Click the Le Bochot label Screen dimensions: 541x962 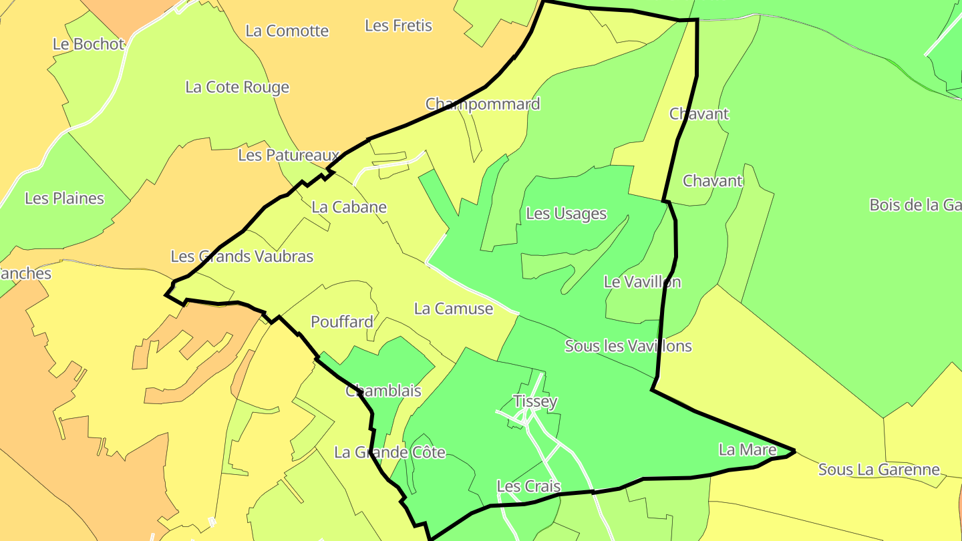[x=89, y=44]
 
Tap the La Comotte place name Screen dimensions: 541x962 [x=287, y=31]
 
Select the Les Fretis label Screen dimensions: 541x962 [x=398, y=25]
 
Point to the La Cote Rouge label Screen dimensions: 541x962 [x=237, y=87]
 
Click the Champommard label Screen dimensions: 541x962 [x=482, y=104]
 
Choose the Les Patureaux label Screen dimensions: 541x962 [x=289, y=155]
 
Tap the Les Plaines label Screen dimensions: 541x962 [x=64, y=198]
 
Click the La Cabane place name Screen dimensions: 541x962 [x=349, y=207]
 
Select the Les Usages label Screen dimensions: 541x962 [x=567, y=214]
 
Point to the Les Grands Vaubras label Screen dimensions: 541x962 [x=242, y=256]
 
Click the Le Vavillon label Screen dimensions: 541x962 [x=642, y=282]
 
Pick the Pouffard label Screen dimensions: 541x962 [x=342, y=322]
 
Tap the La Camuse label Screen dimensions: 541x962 [x=454, y=309]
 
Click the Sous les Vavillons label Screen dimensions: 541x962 [x=628, y=346]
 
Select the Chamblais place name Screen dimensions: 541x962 [x=383, y=391]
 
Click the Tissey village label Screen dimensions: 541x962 [x=535, y=401]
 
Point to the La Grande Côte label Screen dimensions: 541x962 [x=389, y=452]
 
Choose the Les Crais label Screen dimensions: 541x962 [x=528, y=486]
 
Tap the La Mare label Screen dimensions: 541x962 [x=748, y=450]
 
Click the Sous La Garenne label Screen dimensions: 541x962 [x=879, y=470]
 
